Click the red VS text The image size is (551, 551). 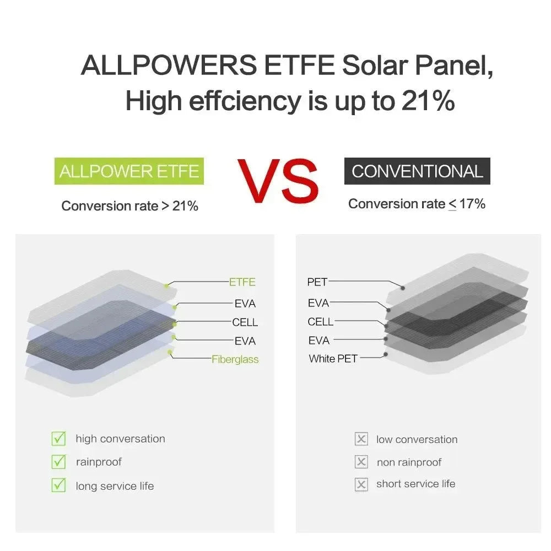pos(278,180)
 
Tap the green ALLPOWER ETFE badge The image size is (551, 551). pos(129,171)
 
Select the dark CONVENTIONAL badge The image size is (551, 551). pos(417,171)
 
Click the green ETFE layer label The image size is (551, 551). pos(242,282)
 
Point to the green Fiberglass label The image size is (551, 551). pos(235,359)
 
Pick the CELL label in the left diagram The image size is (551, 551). pos(245,322)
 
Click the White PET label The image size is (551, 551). pos(333,359)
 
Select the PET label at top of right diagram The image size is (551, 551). pos(317,282)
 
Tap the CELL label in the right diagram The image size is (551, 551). pos(321,322)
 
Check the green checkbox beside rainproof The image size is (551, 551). pos(58,462)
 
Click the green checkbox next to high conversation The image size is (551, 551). pos(58,439)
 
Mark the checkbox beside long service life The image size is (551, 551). pos(58,485)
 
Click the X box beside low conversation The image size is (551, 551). pos(361,439)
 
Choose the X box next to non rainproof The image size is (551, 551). pos(361,462)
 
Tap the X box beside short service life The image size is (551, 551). pos(361,484)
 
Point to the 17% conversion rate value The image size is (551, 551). pos(472,204)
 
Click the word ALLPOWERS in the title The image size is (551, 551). pos(169,66)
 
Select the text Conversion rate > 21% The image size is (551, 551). pos(129,206)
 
